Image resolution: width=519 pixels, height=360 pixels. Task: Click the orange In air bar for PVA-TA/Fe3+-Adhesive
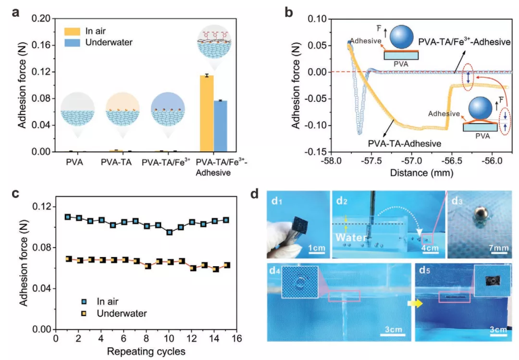pyautogui.click(x=207, y=113)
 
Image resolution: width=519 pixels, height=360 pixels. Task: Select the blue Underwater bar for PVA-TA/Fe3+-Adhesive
pyautogui.click(x=221, y=126)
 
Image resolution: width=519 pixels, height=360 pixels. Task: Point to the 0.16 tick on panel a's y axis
pyautogui.click(x=41, y=45)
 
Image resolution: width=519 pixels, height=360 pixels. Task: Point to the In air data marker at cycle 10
pyautogui.click(x=170, y=232)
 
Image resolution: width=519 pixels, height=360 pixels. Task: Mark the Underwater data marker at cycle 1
pyautogui.click(x=68, y=259)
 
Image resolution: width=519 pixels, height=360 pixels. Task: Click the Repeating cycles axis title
pyautogui.click(x=146, y=351)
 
